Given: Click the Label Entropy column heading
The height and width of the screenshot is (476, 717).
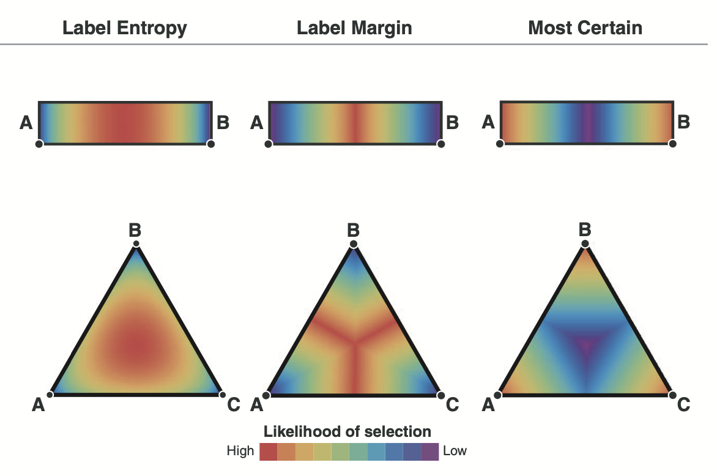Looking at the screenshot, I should coord(125,28).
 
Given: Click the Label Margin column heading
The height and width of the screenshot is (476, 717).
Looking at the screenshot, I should coord(354,28).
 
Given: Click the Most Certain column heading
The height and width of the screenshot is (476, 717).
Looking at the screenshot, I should coord(585,28).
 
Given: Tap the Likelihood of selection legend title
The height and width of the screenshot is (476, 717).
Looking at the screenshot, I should coord(347,431).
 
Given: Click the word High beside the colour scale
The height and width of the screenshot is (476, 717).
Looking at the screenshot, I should coord(240,452).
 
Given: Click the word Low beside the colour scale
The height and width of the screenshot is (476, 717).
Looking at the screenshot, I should coord(455,452).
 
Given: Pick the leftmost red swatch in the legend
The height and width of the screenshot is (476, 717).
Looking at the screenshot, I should coord(269,452).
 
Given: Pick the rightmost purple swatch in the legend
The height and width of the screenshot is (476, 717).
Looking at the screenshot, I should coord(430,452).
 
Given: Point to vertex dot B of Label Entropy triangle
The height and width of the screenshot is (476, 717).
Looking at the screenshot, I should coord(136,244).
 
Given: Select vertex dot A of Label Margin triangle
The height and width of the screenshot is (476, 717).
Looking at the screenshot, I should coord(267,395).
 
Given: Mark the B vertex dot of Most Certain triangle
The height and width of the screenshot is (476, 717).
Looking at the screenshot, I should coord(585,244).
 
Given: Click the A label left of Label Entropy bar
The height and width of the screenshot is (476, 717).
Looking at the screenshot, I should coord(26,124).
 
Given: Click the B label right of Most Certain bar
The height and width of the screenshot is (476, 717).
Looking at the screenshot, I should coord(684,122).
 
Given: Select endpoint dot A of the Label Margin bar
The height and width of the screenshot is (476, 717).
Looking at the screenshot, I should coord(268,144).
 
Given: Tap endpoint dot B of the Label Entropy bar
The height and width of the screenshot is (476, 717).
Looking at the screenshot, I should coord(211,144).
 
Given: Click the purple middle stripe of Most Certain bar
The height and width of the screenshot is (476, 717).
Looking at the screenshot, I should coord(587,122).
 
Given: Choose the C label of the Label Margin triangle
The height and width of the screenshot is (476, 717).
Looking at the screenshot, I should coord(452,404).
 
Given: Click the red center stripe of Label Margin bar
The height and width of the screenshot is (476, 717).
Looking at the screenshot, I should coord(355,123).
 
